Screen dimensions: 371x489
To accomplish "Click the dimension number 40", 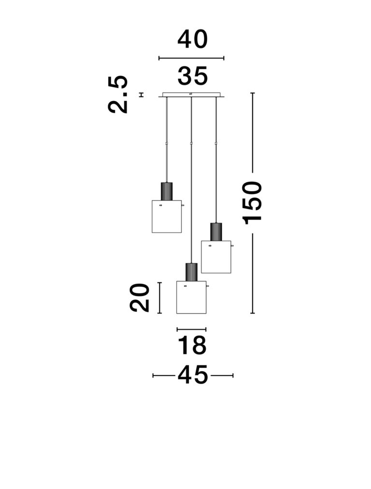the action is [192, 40].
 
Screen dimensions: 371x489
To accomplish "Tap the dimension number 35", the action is [193, 76].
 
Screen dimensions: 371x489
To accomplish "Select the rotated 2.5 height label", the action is [118, 94].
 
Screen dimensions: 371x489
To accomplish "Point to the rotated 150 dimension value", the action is [252, 203].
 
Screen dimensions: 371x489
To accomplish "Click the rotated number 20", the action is [140, 297].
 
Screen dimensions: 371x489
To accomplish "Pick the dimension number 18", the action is [192, 345].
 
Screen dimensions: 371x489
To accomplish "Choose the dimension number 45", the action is [193, 375].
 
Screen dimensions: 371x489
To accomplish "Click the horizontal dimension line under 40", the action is [191, 58].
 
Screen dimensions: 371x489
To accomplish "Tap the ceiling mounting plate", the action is [191, 95].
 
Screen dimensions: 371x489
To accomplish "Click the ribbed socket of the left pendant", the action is [167, 191].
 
